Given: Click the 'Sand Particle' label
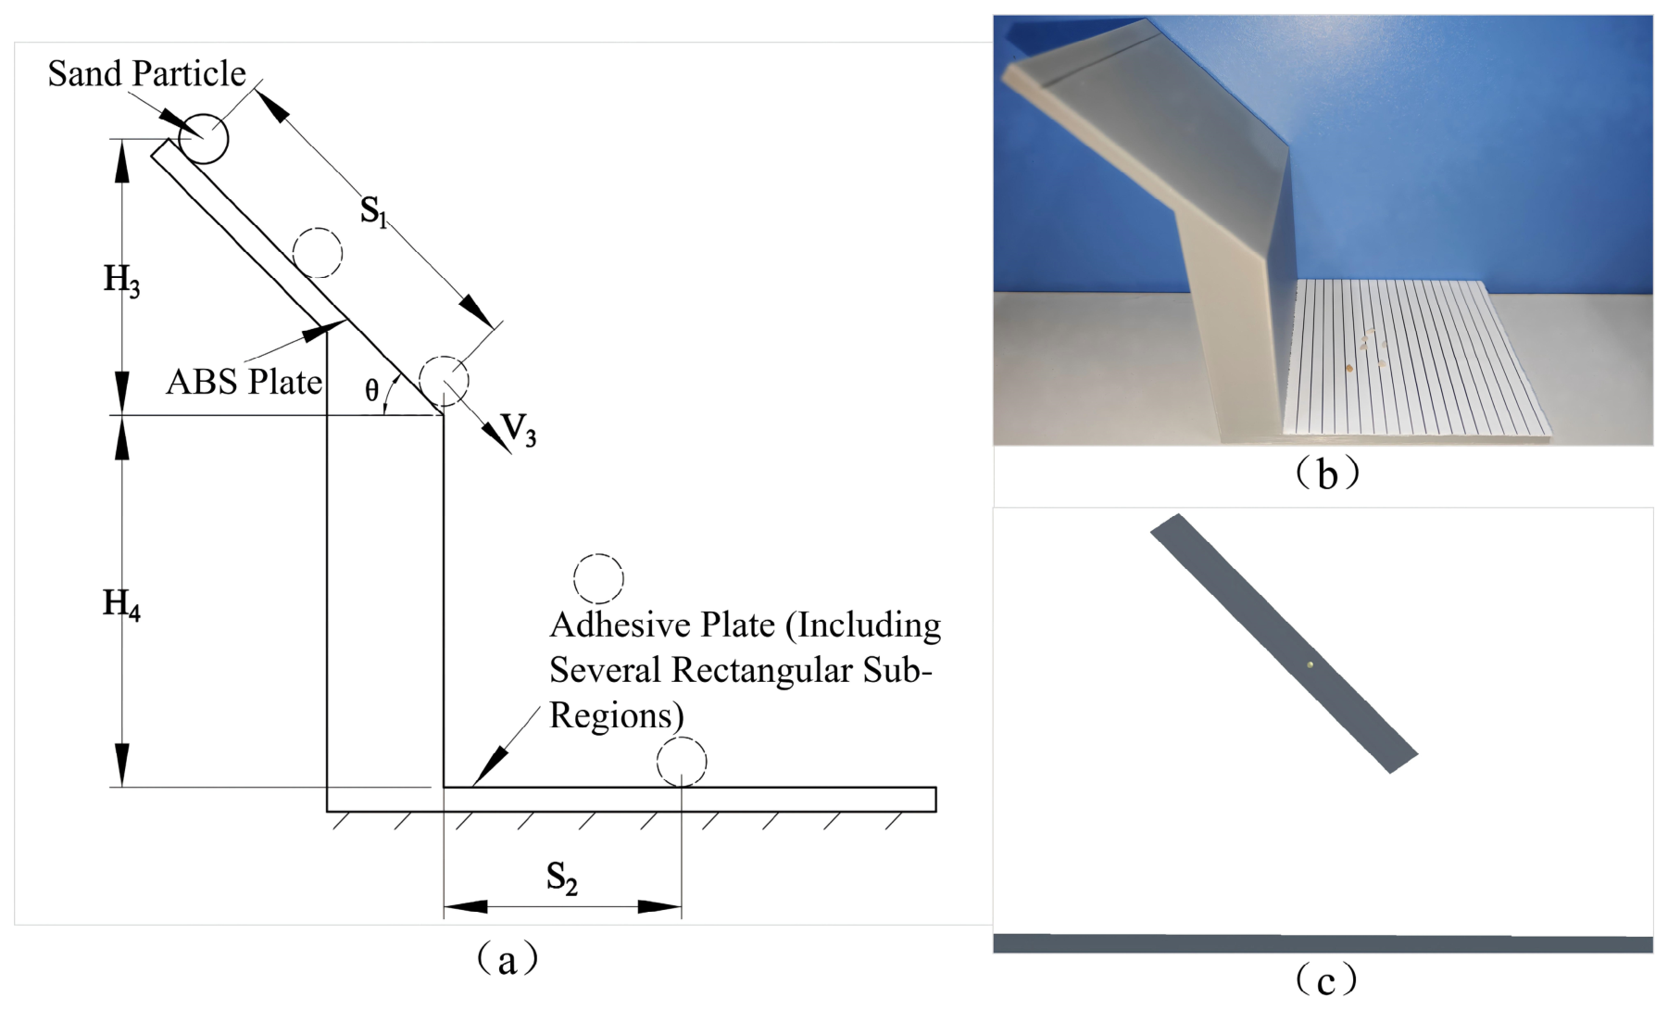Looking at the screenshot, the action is (x=146, y=73).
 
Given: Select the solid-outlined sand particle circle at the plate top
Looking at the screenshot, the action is (x=203, y=139).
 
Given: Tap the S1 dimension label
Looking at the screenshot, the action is (x=373, y=212).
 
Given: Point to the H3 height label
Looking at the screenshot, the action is (x=121, y=280).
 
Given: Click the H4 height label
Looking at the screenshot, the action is (x=121, y=605).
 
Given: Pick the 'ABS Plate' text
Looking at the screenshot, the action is (x=245, y=382).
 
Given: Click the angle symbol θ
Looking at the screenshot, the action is (x=371, y=390).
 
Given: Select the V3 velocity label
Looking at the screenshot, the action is (x=519, y=430).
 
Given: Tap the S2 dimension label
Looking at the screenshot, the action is (x=561, y=877).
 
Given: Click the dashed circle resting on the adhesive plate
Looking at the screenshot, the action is (x=682, y=762).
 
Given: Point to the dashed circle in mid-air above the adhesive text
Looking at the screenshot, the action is (x=598, y=579).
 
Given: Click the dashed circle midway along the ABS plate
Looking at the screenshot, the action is (x=318, y=252).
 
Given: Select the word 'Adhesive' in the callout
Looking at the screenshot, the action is (x=619, y=625).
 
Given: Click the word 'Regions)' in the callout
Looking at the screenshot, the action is (x=617, y=716).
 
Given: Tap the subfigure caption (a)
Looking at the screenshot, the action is (x=506, y=958).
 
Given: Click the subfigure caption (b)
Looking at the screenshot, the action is (x=1326, y=473).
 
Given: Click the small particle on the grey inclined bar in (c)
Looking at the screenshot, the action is (x=1310, y=664).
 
